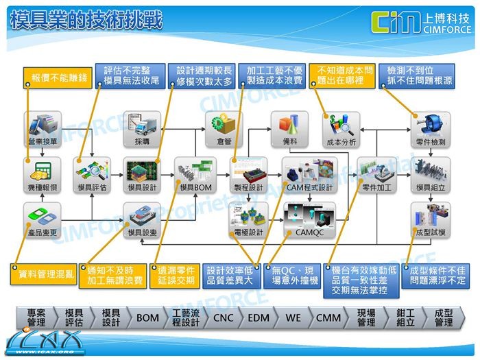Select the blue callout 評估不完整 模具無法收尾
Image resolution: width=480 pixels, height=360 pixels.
point(130,76)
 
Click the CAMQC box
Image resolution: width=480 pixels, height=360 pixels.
point(308,219)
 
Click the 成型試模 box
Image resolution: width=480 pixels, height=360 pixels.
point(431,219)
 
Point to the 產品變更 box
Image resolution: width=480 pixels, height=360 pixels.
point(42,219)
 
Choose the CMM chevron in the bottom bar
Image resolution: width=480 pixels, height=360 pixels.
point(330,318)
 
